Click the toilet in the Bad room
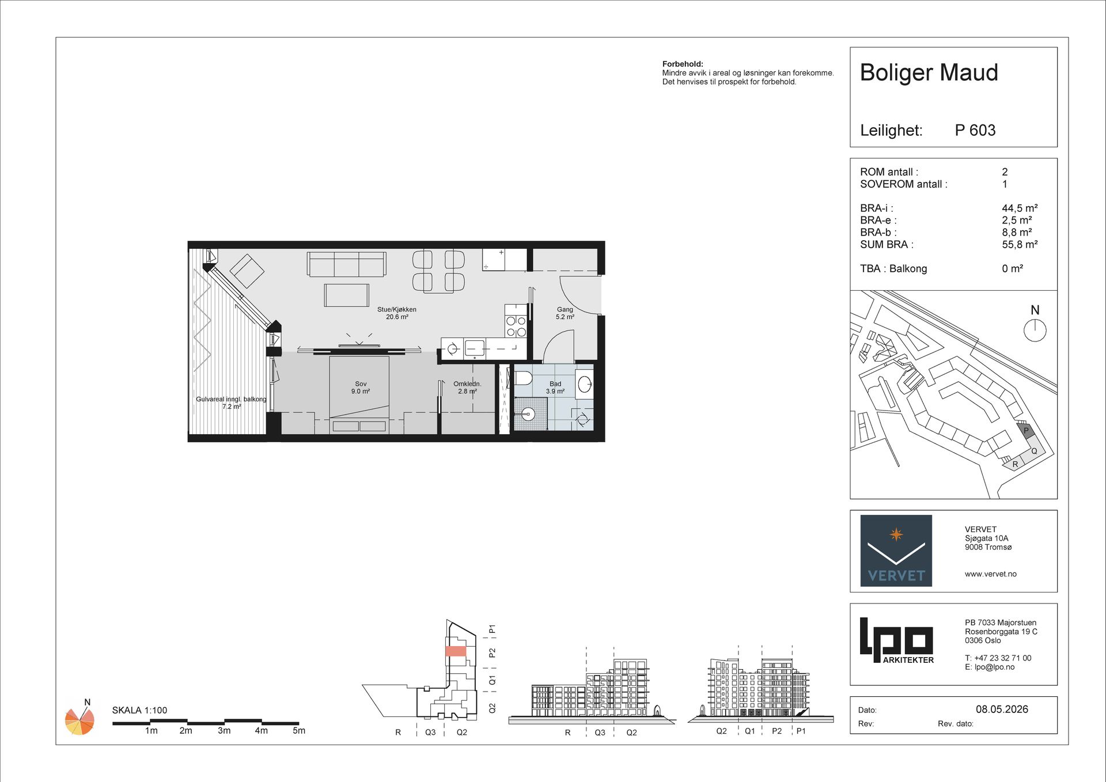click(x=522, y=378)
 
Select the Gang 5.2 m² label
click(x=565, y=313)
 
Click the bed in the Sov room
click(x=359, y=394)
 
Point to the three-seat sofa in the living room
click(x=346, y=264)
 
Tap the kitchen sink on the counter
click(x=475, y=348)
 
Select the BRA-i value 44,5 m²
click(x=1020, y=208)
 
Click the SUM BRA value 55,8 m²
click(x=1020, y=244)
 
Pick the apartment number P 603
click(x=975, y=130)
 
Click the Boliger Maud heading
click(x=929, y=73)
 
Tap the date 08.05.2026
click(x=1002, y=709)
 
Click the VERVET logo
click(x=896, y=551)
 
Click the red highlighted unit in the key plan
click(x=456, y=651)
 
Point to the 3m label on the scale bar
click(x=224, y=731)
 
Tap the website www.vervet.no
click(x=991, y=574)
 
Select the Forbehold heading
click(x=683, y=64)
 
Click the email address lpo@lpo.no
click(x=994, y=667)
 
